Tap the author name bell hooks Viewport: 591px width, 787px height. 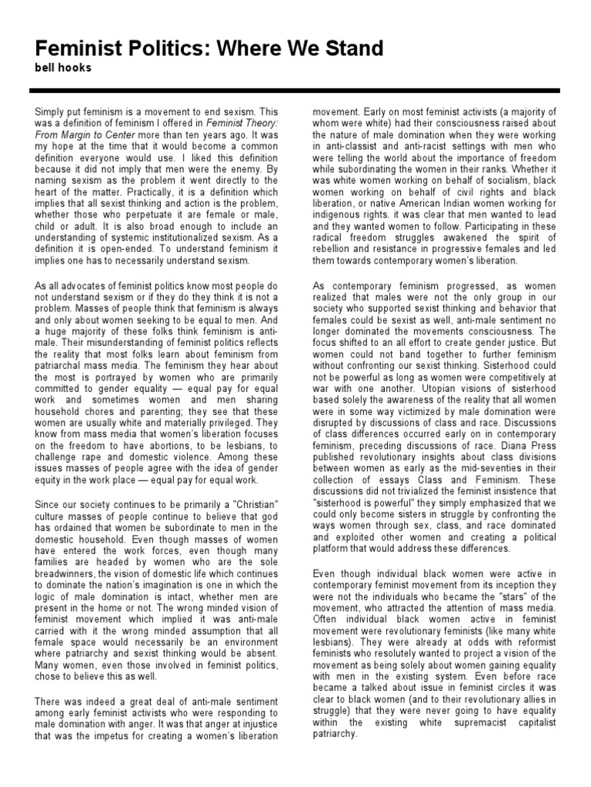[62, 69]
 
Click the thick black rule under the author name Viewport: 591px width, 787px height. [295, 91]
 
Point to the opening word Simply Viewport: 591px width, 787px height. [52, 112]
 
